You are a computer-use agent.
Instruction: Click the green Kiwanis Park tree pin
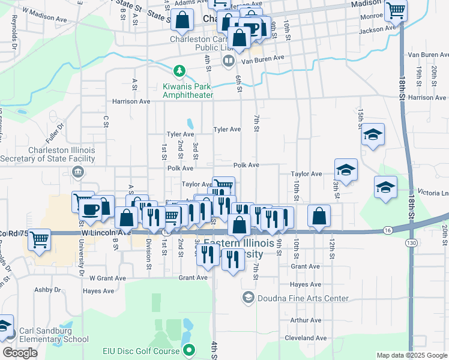tap(179, 71)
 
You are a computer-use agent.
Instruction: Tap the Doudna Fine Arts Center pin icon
tap(248, 298)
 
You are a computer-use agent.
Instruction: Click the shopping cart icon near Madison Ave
tap(396, 10)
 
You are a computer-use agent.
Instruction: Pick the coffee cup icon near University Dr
tap(91, 209)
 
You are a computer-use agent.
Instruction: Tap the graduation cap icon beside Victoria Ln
tap(385, 187)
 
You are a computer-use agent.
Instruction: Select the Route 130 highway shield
tap(411, 242)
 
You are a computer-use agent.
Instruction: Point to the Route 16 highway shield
tap(388, 230)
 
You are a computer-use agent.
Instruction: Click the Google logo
tap(20, 353)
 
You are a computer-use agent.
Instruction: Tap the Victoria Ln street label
tap(436, 193)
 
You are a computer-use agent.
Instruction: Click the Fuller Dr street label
tap(53, 127)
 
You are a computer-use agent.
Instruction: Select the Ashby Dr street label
tap(48, 289)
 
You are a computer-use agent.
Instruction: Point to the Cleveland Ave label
tap(306, 338)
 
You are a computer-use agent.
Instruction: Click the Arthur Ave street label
tap(306, 320)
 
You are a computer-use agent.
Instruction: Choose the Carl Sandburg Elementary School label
tap(53, 335)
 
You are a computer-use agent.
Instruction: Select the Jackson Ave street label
tap(378, 28)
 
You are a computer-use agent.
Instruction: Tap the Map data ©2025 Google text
tap(412, 355)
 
